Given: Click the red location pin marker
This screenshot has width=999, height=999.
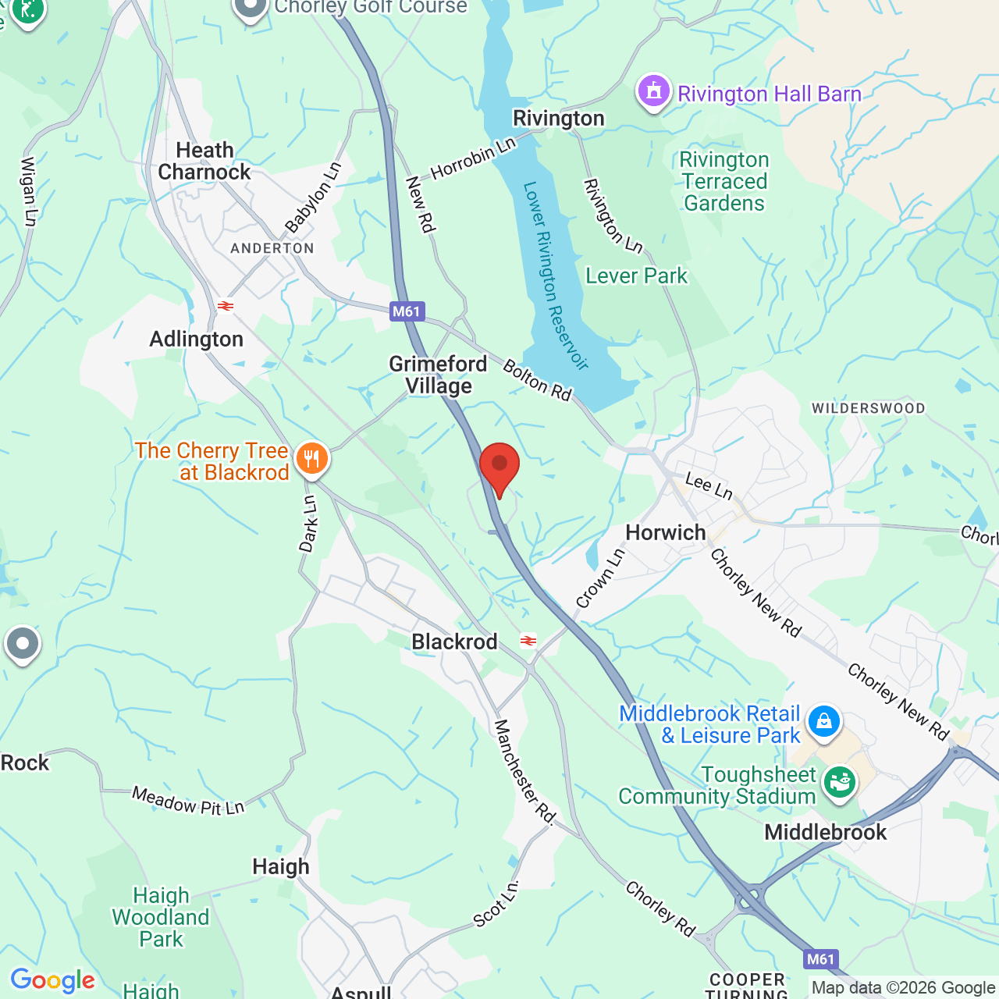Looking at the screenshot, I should click(x=499, y=466).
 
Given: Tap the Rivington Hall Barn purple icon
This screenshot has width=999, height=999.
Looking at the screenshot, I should click(x=653, y=92).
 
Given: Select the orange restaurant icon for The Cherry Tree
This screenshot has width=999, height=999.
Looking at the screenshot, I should click(x=311, y=458).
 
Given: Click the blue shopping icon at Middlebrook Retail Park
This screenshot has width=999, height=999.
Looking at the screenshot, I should click(x=823, y=721).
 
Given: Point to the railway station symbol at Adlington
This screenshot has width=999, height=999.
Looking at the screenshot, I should click(x=226, y=306).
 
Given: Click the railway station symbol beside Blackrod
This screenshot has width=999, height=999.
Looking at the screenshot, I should click(x=528, y=641).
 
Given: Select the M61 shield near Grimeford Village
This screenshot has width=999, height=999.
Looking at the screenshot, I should click(x=406, y=311).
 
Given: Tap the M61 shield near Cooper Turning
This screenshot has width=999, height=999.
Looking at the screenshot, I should click(x=819, y=959).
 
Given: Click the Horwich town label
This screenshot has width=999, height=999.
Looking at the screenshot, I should click(x=665, y=533).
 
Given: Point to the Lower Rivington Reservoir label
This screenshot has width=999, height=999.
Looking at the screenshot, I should click(x=554, y=275).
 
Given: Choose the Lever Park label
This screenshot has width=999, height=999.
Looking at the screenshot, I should click(x=636, y=276).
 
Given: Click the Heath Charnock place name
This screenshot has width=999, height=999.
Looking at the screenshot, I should click(x=204, y=162).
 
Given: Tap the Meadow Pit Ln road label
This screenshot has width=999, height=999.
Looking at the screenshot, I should click(x=188, y=802).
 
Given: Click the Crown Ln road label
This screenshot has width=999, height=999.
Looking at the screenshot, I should click(x=600, y=579).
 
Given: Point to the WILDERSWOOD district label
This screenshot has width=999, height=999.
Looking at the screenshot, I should click(x=868, y=408).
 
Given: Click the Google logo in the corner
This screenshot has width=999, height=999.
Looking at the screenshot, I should click(x=52, y=980).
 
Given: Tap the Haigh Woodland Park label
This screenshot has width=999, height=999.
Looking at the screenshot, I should click(x=161, y=917).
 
